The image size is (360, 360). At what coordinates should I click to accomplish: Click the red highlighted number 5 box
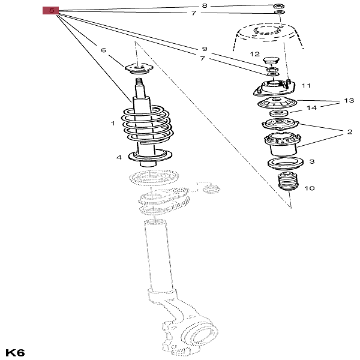click(x=52, y=10)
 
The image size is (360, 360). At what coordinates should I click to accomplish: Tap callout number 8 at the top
click(x=204, y=5)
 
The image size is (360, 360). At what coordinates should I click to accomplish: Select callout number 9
click(x=204, y=49)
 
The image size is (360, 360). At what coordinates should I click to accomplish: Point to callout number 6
click(x=103, y=50)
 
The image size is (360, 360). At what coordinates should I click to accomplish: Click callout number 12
click(x=255, y=55)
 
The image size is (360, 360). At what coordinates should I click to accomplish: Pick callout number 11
click(x=306, y=85)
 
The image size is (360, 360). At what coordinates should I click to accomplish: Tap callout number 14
click(x=311, y=109)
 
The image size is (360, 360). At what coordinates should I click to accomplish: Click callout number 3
click(x=312, y=162)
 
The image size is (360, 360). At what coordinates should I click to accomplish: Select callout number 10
click(x=309, y=188)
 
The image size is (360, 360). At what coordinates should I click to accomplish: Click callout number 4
click(x=119, y=157)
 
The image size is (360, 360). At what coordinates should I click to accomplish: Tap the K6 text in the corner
click(x=15, y=352)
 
